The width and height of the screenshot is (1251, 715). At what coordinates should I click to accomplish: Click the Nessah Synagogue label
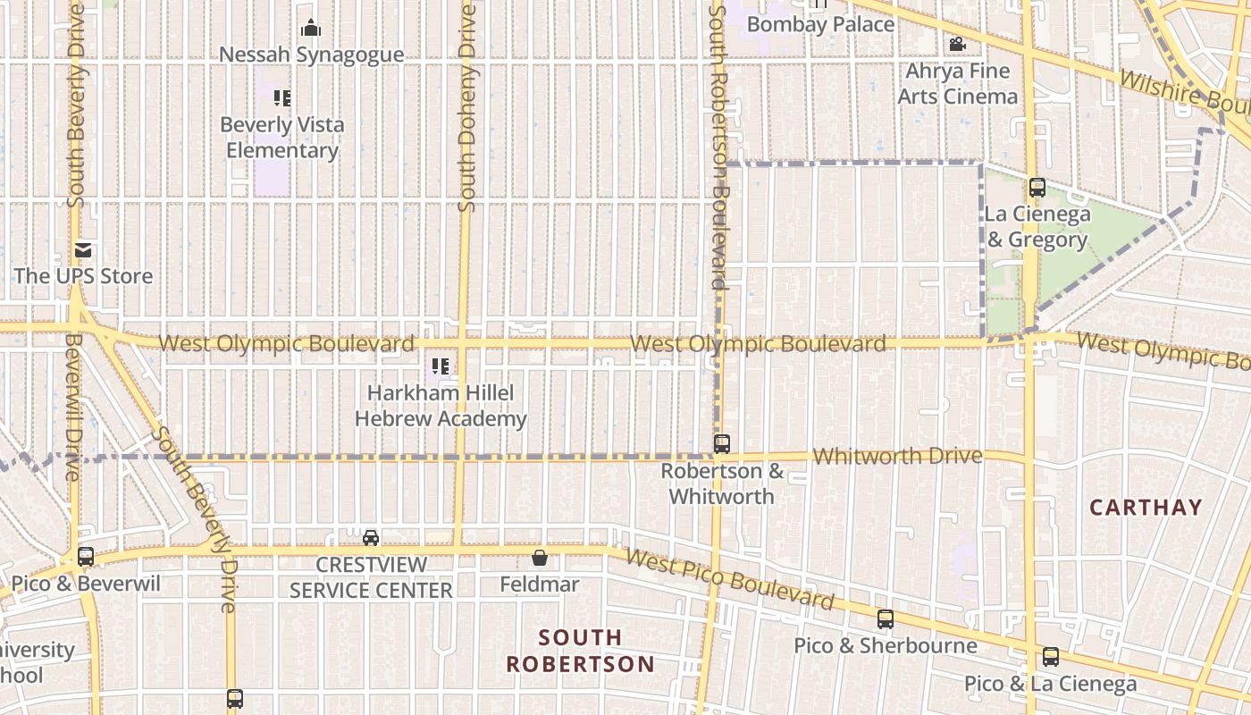(312, 55)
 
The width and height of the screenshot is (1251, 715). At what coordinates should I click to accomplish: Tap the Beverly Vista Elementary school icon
(282, 98)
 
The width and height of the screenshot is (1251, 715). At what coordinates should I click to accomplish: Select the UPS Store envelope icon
(83, 250)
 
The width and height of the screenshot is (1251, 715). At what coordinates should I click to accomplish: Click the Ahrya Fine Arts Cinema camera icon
(957, 44)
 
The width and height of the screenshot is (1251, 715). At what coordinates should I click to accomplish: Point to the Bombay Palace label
(820, 24)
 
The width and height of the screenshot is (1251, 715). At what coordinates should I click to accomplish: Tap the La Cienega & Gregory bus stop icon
(1037, 188)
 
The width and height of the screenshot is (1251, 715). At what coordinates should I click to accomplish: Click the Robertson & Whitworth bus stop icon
(722, 443)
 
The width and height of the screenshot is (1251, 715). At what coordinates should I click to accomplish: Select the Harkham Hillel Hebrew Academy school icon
(440, 366)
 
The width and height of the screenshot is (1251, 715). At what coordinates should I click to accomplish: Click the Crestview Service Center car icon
(371, 537)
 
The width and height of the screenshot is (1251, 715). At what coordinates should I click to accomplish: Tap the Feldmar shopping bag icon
(540, 558)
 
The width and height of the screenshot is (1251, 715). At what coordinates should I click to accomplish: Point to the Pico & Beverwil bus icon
(86, 557)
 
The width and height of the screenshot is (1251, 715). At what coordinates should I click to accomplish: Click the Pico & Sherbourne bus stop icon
(885, 618)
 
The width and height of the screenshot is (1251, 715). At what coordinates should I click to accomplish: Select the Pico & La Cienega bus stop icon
(1051, 657)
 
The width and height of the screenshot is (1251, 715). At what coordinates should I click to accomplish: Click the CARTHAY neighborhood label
(1146, 508)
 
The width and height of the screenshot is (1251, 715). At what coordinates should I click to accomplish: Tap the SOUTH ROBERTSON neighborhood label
(581, 651)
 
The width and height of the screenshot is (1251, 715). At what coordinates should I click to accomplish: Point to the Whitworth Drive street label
(897, 456)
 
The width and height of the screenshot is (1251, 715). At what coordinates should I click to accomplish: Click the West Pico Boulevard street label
(729, 579)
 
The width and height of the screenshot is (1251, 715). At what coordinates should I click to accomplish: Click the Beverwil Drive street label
(71, 406)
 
